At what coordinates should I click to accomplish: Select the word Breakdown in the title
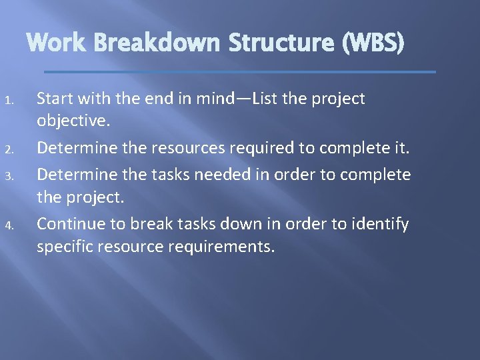pyautogui.click(x=156, y=43)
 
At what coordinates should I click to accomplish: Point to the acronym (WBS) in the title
pyautogui.click(x=372, y=43)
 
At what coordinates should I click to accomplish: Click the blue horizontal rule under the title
pyautogui.click(x=240, y=71)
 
